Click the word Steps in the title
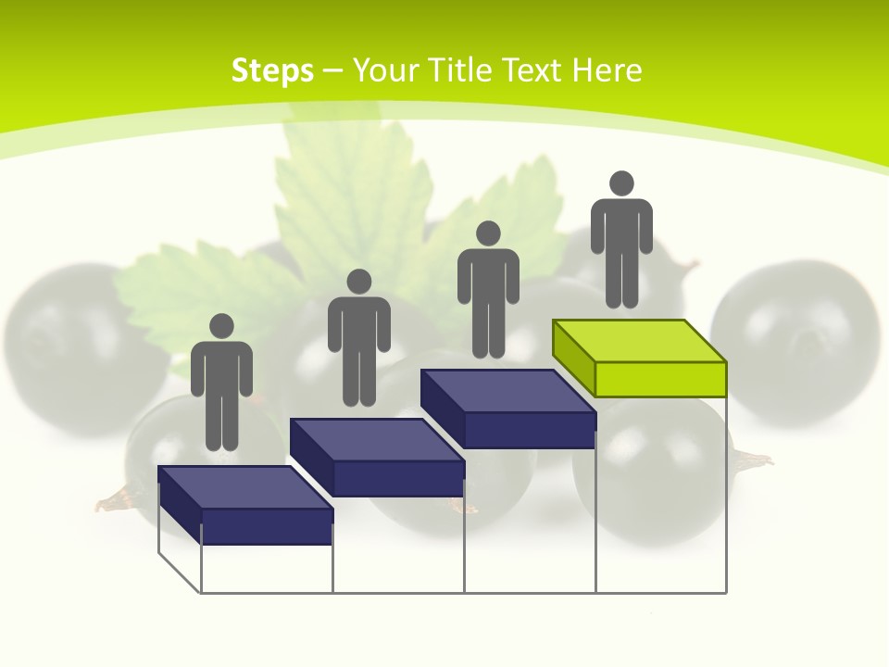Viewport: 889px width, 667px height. click(x=272, y=70)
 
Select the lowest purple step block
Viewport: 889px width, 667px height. click(x=245, y=505)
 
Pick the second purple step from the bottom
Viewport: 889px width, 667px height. click(x=377, y=458)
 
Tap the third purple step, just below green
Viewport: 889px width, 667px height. click(x=508, y=409)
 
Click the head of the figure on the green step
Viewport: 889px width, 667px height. click(x=621, y=183)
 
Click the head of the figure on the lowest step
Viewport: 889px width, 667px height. click(x=221, y=326)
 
